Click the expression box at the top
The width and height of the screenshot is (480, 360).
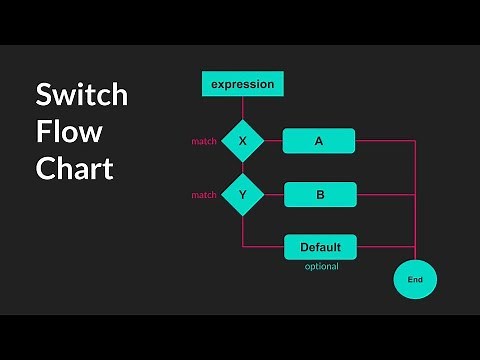(243, 85)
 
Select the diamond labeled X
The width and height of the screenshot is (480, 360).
(242, 141)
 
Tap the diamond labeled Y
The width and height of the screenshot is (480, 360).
(242, 194)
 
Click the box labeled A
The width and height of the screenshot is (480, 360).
(319, 141)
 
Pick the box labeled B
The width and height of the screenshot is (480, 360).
(320, 194)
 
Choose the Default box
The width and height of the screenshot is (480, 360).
(320, 247)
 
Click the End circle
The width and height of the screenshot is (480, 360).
(415, 281)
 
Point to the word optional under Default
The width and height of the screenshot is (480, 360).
(321, 266)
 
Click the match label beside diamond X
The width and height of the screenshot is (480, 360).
(204, 142)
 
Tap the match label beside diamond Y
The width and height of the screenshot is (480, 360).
(204, 195)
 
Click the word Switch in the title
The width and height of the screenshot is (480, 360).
(82, 95)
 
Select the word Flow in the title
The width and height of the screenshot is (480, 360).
(68, 132)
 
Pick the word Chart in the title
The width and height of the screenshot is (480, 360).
(74, 168)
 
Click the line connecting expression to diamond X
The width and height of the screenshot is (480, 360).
(242, 107)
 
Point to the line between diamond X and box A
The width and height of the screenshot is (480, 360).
(273, 141)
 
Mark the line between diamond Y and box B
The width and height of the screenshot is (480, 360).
(274, 194)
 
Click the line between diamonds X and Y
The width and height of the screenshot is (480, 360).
(242, 167)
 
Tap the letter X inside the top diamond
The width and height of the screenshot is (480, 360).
(242, 141)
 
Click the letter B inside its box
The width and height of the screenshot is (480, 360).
(320, 194)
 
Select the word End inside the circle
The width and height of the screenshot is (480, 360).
(415, 281)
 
